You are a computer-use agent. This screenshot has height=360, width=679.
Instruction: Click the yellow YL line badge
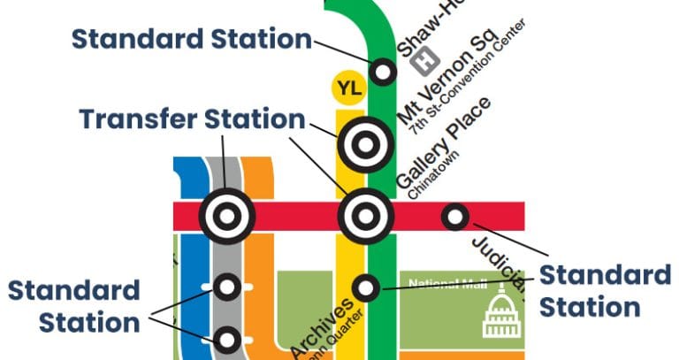(346, 88)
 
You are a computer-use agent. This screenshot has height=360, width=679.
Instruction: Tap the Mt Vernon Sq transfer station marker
(365, 143)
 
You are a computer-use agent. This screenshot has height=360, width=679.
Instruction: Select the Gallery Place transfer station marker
(365, 215)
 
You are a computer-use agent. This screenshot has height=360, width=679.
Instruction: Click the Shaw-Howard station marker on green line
(383, 71)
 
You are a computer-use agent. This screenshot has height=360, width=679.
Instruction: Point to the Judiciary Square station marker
(454, 215)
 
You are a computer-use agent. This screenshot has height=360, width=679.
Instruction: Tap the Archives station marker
(366, 287)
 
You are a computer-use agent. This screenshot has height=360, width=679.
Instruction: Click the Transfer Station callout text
(191, 119)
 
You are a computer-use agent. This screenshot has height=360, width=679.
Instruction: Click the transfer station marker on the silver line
(226, 215)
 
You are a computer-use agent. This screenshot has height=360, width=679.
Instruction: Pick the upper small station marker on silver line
(227, 287)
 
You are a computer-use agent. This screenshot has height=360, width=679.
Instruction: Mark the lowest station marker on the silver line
(227, 339)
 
